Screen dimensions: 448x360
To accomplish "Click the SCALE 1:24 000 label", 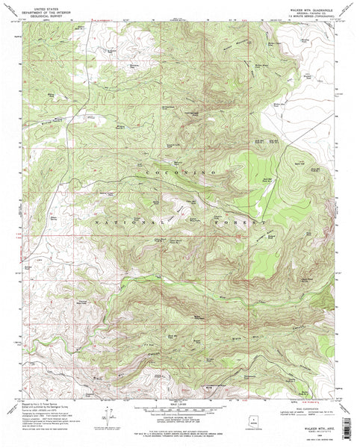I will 181,404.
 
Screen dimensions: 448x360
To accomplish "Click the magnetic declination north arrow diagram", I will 111,423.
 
